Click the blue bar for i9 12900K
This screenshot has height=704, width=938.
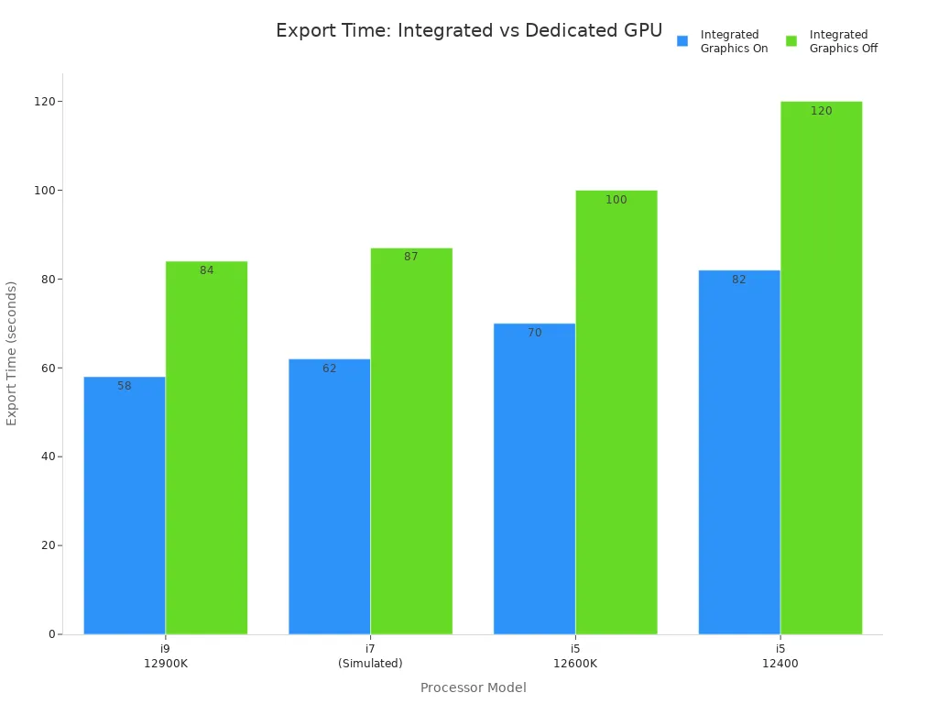pos(125,505)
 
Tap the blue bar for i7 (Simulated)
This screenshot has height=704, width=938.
pos(329,496)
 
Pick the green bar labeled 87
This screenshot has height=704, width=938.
pos(411,441)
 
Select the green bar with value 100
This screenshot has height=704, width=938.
pos(616,412)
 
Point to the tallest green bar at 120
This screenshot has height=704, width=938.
pos(821,368)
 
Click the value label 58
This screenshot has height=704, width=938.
pos(125,386)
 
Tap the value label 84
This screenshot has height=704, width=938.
pos(206,270)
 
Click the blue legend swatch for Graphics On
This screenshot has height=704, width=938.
pos(682,41)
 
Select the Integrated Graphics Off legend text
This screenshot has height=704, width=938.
pos(843,41)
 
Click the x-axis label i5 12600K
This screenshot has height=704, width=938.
pos(575,655)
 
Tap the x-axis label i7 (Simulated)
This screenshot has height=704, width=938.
pos(370,655)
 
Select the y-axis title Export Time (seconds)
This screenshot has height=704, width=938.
pos(12,353)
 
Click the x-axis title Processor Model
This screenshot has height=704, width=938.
pos(473,687)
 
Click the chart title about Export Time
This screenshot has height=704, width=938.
pos(468,30)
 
